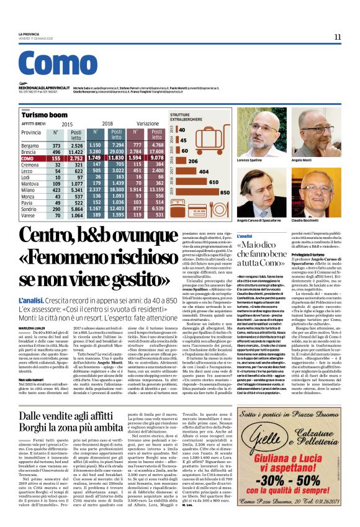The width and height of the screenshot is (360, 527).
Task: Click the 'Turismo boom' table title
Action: [44, 115]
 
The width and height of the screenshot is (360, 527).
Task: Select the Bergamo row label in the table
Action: [33, 145]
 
